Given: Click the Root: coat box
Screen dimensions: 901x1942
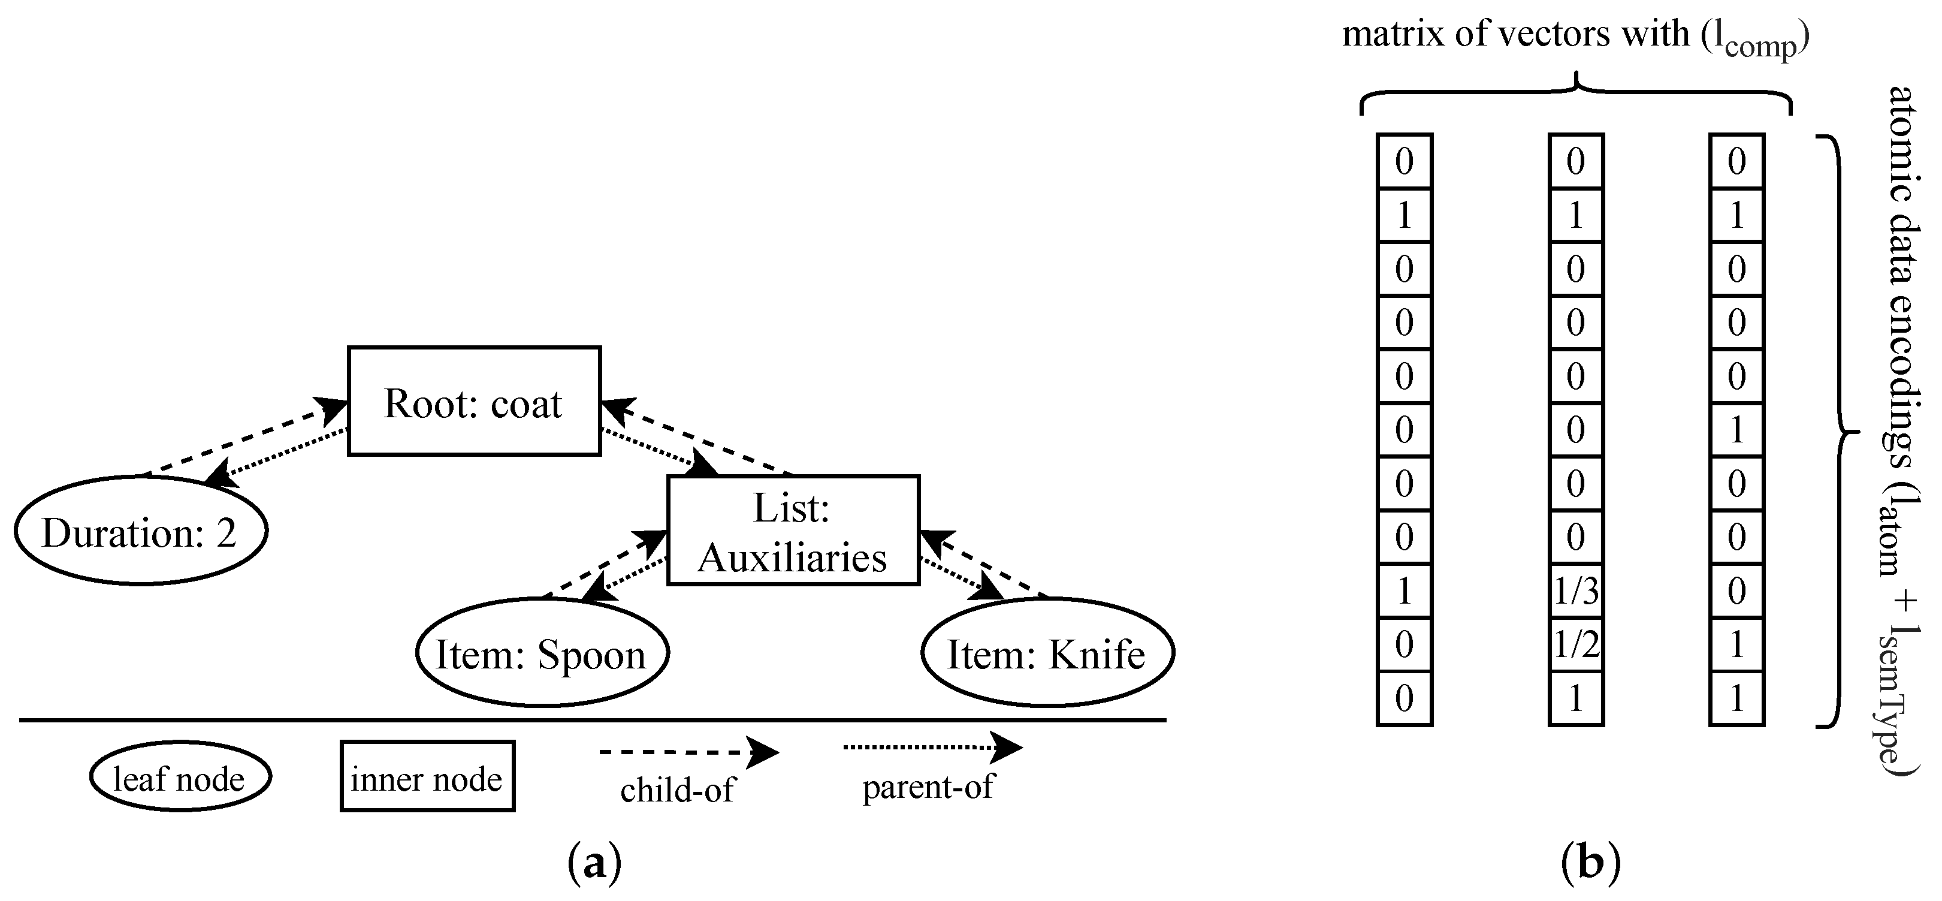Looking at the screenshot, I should pos(473,401).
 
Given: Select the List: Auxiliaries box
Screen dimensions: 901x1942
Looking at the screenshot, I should pos(792,530).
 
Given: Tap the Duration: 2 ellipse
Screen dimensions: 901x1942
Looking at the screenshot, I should pos(141,531).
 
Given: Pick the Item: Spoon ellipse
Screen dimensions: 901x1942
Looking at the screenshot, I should pos(542,653).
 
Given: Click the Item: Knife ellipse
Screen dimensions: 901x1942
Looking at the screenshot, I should pos(1047,653).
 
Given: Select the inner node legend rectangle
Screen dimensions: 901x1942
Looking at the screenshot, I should pos(427,776).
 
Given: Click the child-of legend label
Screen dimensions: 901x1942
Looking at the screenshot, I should pos(676,790).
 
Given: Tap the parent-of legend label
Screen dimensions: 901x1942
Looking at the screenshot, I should pos(928,787).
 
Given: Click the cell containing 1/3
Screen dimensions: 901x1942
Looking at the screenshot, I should pos(1576,591).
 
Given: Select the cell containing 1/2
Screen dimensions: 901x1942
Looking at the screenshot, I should pos(1576,644).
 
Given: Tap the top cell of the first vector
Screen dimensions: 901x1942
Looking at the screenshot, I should pos(1404,161).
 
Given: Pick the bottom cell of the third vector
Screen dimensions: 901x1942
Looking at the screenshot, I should pos(1736,698).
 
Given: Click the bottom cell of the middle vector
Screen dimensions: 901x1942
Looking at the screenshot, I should pos(1576,698).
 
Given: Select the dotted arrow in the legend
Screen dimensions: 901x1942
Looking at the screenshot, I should pos(931,747).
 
